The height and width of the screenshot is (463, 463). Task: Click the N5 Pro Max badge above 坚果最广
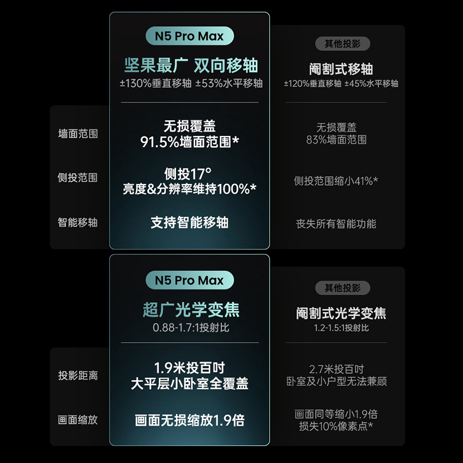(x=189, y=36)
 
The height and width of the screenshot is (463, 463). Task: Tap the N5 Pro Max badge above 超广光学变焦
(x=189, y=281)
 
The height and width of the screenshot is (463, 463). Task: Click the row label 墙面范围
(x=78, y=134)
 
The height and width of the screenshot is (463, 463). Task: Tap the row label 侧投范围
(x=78, y=178)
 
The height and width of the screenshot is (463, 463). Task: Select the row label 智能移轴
(x=78, y=222)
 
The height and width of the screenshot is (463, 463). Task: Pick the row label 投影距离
(x=78, y=376)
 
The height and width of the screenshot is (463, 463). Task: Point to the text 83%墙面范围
(x=337, y=139)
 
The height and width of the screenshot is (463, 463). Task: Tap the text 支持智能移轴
(x=190, y=223)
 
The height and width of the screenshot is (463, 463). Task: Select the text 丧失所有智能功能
(x=336, y=224)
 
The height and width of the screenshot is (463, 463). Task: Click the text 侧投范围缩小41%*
(x=336, y=181)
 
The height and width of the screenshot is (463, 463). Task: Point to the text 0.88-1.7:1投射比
(x=190, y=328)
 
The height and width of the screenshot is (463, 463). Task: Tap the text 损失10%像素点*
(x=336, y=427)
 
